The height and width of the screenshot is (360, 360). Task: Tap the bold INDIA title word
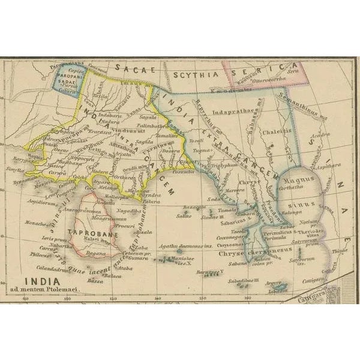[x=42, y=280]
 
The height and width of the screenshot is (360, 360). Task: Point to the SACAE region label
[x=136, y=69]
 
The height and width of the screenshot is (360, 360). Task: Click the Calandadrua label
[x=52, y=268]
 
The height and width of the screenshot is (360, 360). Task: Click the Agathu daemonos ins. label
[x=181, y=247]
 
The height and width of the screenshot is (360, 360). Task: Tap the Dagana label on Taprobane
[x=96, y=254]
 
